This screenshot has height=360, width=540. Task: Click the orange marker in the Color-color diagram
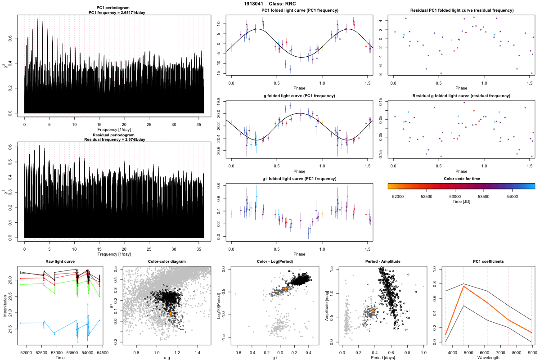(170, 313)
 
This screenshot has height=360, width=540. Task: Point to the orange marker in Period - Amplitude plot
(373, 310)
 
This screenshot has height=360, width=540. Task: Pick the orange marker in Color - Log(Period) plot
(285, 288)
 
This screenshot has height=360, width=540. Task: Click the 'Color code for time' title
(461, 179)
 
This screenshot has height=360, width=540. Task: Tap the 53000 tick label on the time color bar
(455, 196)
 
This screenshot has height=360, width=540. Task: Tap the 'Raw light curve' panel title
(60, 262)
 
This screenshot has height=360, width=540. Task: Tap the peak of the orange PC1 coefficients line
(463, 286)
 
